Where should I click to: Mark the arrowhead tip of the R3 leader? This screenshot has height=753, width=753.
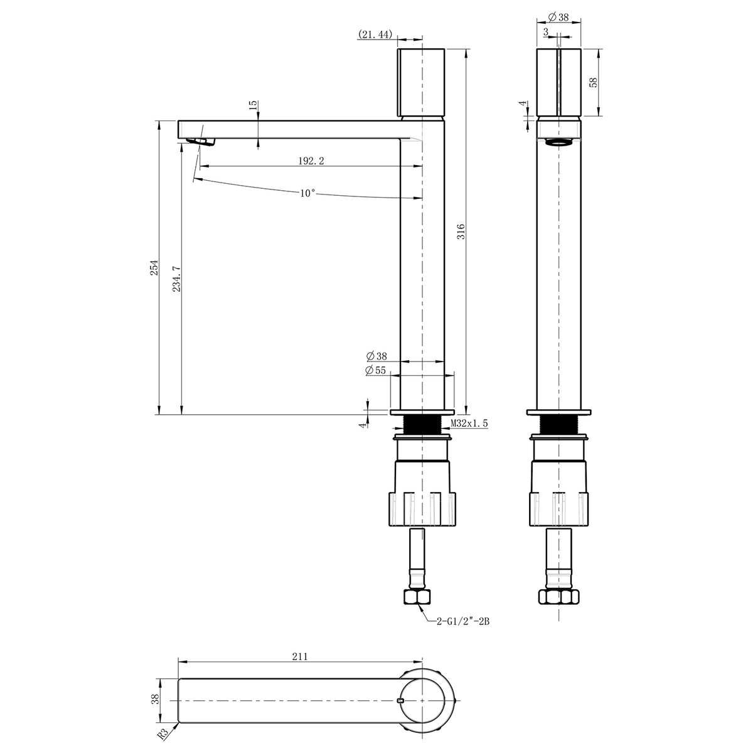point(178,722)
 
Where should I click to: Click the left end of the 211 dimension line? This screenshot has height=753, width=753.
point(178,662)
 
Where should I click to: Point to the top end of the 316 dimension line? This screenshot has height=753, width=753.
point(466,48)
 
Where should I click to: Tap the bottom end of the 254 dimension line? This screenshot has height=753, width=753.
point(159,415)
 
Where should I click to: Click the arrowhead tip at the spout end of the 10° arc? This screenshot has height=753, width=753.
point(193,179)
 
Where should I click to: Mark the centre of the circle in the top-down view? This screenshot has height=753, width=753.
point(423,701)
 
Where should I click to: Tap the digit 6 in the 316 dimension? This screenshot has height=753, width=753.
point(461,226)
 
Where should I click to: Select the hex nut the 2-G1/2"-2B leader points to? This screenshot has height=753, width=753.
point(417,597)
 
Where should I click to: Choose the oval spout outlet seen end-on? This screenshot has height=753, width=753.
point(559,142)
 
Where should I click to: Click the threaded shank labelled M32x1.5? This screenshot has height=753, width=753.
point(422,424)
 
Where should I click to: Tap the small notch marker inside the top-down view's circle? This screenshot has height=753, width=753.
point(399,700)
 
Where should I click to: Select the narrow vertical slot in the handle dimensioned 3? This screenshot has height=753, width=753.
point(559,82)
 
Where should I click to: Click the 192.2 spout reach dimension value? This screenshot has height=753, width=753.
point(311,161)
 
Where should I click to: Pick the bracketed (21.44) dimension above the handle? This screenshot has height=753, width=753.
point(375,35)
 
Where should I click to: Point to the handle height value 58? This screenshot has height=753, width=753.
point(593,82)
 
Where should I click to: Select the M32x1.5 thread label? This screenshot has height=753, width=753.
point(469,423)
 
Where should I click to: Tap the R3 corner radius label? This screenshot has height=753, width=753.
point(164,734)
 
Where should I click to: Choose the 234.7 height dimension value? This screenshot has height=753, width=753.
point(176,279)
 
